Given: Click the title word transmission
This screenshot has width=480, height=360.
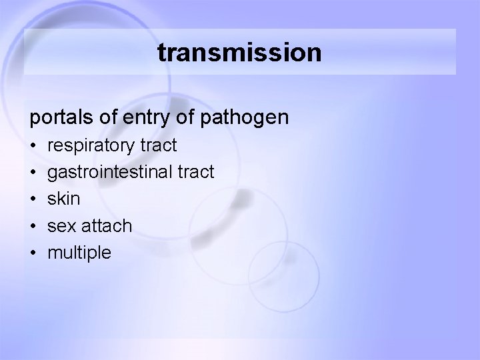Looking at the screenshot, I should coord(239,53).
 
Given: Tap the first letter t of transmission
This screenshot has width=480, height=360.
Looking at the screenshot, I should coord(162,53).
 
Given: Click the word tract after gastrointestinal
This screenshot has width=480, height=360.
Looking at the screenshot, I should coord(197,172).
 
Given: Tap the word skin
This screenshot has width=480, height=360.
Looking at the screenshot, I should coord(64,199).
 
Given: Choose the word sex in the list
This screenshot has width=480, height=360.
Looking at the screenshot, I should coord(61,226).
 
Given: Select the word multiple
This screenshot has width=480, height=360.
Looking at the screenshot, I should coord(79,253).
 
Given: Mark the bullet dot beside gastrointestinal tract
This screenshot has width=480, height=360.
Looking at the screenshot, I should coord(33,173).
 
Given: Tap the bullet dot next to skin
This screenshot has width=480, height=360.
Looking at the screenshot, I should coord(33,199).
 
